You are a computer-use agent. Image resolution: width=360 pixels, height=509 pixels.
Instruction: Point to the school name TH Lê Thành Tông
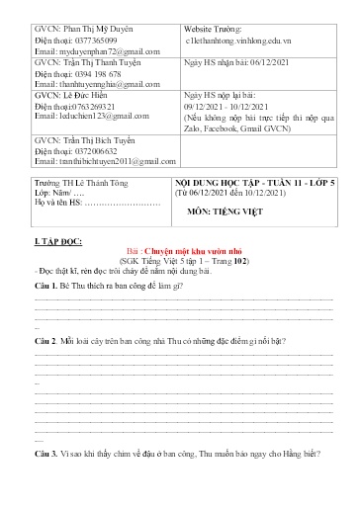coord(98,184)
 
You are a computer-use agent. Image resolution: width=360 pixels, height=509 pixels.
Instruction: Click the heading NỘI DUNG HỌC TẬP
coord(226,184)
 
